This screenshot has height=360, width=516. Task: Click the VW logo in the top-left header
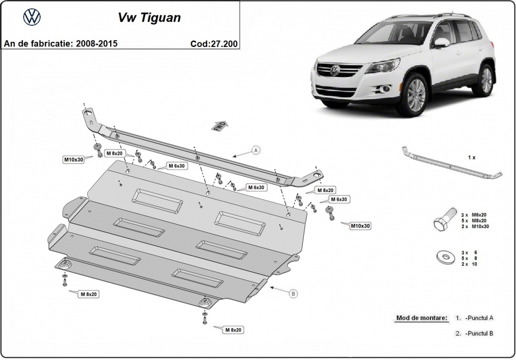pos(32,18)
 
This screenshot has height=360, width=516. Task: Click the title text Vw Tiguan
pos(149,18)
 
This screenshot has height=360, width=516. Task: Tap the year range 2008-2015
pos(96,44)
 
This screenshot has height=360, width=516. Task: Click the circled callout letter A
pos(256,150)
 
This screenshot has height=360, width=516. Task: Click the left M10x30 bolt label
pos(73,159)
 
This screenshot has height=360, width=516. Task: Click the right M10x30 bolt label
pos(360,226)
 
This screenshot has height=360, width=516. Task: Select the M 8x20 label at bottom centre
pos(233,330)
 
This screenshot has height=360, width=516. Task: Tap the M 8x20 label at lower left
pos(89,294)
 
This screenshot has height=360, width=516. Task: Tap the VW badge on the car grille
pos(335,70)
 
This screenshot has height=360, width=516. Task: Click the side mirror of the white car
pos(441,42)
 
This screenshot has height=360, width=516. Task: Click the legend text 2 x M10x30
pos(474,226)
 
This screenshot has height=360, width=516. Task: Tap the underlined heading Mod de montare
pos(421,317)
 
